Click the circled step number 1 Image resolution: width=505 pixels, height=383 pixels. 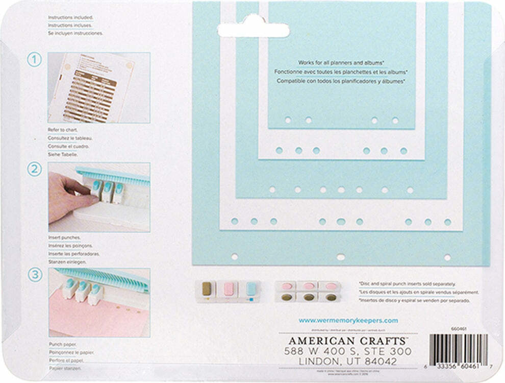[x=34, y=60]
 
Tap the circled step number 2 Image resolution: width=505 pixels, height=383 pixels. [x=34, y=170]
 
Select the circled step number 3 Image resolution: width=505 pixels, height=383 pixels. [x=34, y=275]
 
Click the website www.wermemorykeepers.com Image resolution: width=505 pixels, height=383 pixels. [x=348, y=321]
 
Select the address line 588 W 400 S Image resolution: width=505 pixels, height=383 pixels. [x=348, y=352]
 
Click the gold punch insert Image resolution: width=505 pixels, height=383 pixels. [x=207, y=289]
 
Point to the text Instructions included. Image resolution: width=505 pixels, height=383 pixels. [x=70, y=17]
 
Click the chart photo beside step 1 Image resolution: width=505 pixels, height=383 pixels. [x=99, y=87]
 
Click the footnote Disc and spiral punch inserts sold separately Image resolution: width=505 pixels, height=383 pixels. [x=408, y=283]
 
